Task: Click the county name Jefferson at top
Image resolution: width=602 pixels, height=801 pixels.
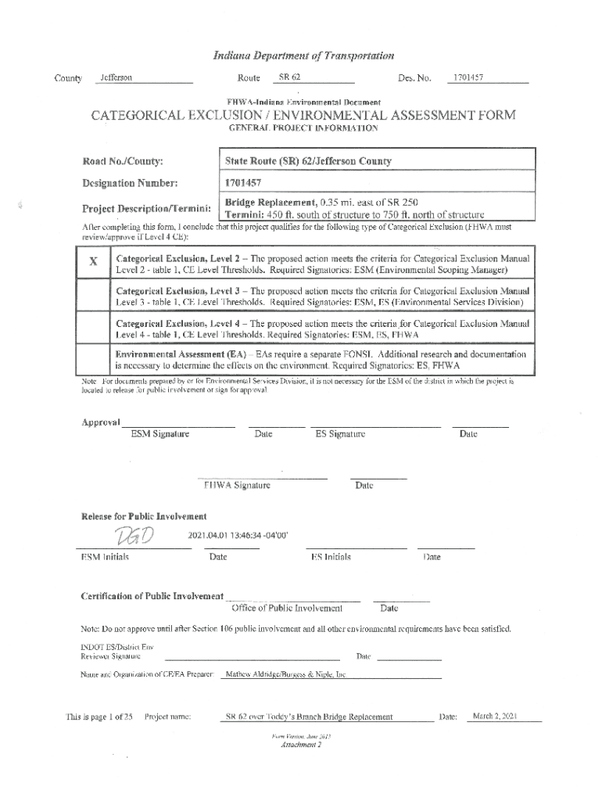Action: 113,78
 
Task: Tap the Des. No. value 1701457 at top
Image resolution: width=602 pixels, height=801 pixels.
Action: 467,77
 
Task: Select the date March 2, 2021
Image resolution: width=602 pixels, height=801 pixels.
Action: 496,717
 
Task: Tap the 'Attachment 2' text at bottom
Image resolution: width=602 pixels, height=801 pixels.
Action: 301,745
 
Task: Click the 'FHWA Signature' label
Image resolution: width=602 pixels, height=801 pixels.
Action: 237,486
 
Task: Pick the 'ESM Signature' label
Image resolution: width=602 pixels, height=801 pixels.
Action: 159,434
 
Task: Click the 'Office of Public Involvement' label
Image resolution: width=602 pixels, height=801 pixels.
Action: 287,608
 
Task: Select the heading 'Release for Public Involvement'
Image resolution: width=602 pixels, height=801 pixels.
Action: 145,516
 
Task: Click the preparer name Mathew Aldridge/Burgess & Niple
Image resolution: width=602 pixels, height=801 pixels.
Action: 285,674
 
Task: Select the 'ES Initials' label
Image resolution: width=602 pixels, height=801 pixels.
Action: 331,557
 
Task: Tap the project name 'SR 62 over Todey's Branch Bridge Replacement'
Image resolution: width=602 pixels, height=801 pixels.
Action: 309,717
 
